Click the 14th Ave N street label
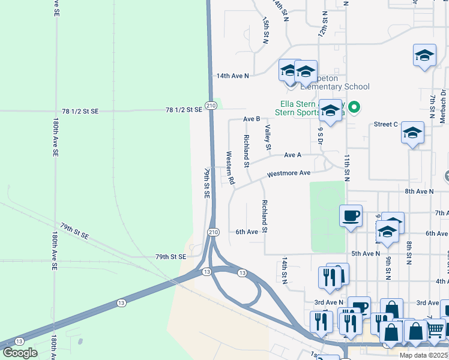(x=232, y=76)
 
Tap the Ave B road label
(x=251, y=119)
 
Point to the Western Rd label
(x=229, y=167)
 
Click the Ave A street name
(x=292, y=155)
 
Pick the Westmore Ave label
(x=289, y=173)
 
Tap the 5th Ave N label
(x=366, y=254)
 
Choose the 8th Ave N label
(x=419, y=191)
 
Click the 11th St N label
(x=347, y=167)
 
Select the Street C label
(x=386, y=124)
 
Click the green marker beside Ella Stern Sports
(x=354, y=108)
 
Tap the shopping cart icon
(x=435, y=329)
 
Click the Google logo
(x=20, y=353)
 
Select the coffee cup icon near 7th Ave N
(x=351, y=215)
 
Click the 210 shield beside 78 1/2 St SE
(x=210, y=106)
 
